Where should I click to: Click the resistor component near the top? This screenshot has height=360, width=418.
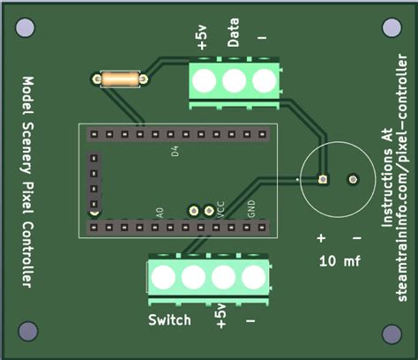pyautogui.click(x=117, y=80)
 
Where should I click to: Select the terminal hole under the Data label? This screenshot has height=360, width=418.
pyautogui.click(x=234, y=82)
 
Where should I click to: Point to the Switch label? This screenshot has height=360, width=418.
pyautogui.click(x=169, y=320)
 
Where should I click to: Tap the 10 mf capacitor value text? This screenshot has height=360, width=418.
pyautogui.click(x=340, y=261)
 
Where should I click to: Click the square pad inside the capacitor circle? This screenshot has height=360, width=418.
pyautogui.click(x=324, y=179)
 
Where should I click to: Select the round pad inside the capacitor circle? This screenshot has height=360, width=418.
pyautogui.click(x=353, y=179)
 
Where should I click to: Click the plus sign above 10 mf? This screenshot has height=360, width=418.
pyautogui.click(x=321, y=238)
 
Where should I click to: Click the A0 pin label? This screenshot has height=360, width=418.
pyautogui.click(x=160, y=213)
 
